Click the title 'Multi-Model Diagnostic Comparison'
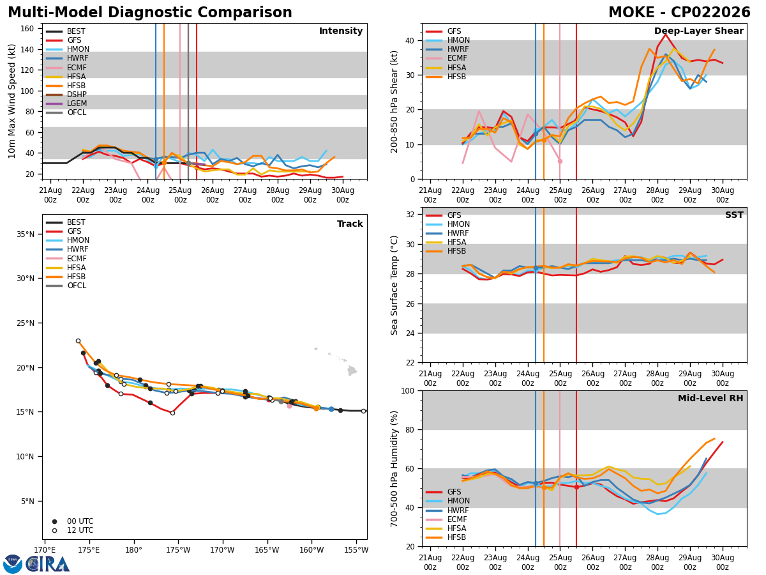[x=150, y=12]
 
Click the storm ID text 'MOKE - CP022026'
[x=679, y=12]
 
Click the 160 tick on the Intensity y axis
[x=27, y=29]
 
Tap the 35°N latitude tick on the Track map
[x=26, y=234]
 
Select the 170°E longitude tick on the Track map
[x=45, y=550]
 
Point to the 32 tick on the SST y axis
[x=410, y=215]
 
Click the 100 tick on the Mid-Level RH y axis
[x=408, y=390]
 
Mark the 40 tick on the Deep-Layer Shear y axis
[x=410, y=40]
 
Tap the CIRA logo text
[x=48, y=564]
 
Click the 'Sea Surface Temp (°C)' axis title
[x=394, y=285]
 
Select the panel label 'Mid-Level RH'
[x=710, y=398]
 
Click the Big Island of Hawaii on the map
[x=352, y=371]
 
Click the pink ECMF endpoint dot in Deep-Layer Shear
[x=560, y=161]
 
